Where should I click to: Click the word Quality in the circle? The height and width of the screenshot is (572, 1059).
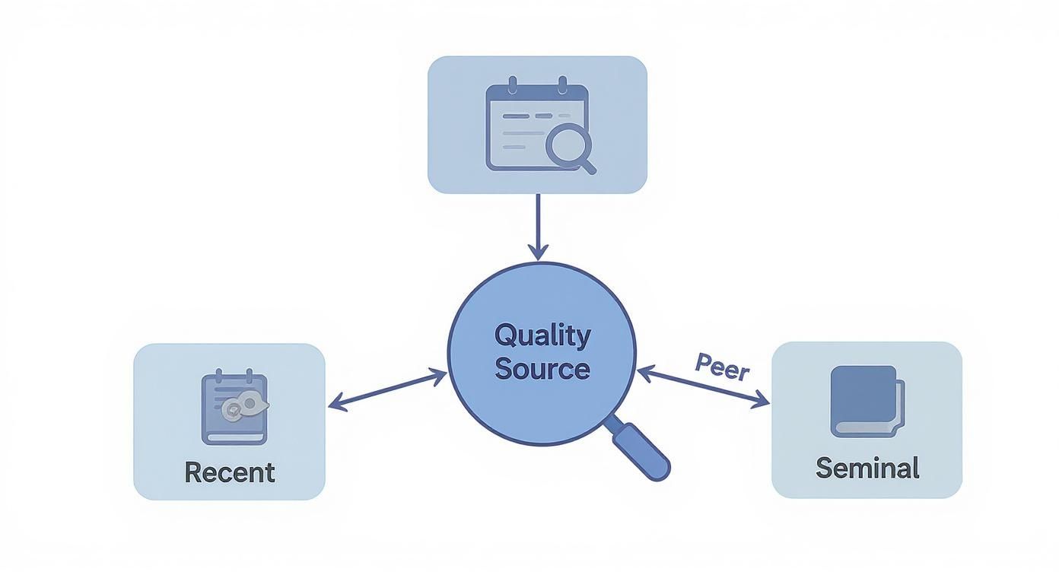point(542,335)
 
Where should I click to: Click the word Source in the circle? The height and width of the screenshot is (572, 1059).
point(542,369)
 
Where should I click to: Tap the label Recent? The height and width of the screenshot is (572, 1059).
point(229,472)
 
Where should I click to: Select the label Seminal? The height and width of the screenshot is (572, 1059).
point(867,467)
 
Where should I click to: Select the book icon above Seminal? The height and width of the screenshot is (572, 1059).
point(866,401)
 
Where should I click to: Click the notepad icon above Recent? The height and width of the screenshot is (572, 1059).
point(234,408)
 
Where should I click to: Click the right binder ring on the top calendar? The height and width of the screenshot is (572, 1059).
point(562,84)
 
